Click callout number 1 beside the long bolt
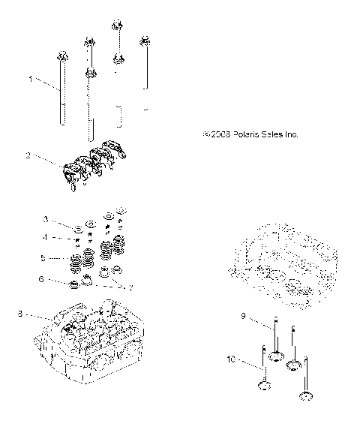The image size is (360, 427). click(31, 79)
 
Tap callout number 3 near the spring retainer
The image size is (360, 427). click(45, 219)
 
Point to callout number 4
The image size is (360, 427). click(45, 238)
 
